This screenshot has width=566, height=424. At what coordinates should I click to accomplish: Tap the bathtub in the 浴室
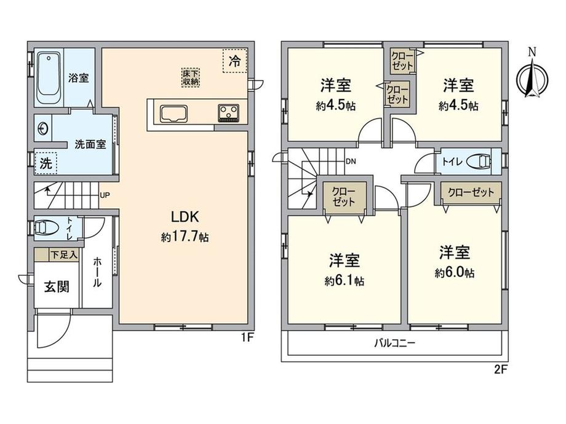click(47, 79)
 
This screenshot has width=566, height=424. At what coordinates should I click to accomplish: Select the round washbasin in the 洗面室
click(44, 128)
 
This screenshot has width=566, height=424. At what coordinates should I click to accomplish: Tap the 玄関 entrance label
click(55, 286)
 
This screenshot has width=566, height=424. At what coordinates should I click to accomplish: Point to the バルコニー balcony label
click(394, 344)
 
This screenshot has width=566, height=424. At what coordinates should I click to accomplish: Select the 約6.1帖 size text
click(344, 281)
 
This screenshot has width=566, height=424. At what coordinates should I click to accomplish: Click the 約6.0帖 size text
click(455, 273)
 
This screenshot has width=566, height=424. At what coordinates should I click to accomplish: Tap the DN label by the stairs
click(351, 162)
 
